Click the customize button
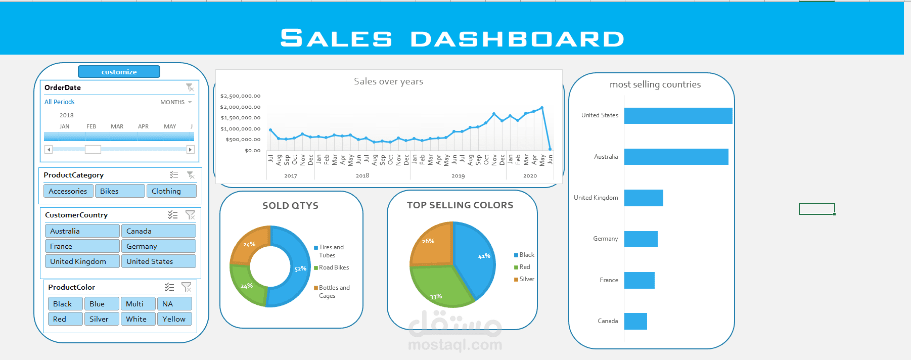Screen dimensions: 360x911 [x=119, y=72]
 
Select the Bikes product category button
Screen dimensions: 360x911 [x=119, y=191]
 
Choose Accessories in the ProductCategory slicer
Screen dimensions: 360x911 [x=68, y=191]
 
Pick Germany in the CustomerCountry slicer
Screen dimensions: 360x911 [x=158, y=246]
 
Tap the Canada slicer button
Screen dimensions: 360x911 [x=158, y=231]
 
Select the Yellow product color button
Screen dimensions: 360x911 [x=174, y=319]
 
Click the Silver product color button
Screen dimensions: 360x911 [x=102, y=319]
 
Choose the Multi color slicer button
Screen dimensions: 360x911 [x=138, y=304]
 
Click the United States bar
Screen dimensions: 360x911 [x=677, y=116]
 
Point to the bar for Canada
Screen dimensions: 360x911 [x=635, y=321]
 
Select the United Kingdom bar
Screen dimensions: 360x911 [x=644, y=198]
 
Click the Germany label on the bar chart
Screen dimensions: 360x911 [x=605, y=239]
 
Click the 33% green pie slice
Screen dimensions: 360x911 [x=440, y=286]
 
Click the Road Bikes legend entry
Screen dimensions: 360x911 [x=333, y=267]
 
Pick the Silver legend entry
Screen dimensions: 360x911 [x=526, y=279]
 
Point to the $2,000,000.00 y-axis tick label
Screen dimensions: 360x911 [x=240, y=107]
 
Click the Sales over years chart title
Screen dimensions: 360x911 [x=388, y=81]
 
